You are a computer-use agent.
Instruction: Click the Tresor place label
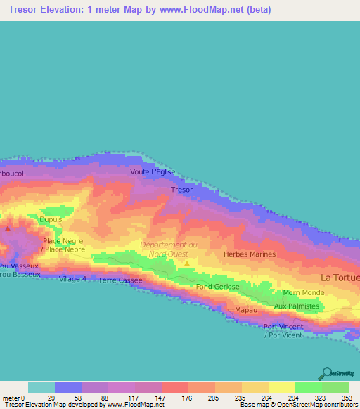tap(181, 190)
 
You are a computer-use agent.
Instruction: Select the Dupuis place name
tap(51, 220)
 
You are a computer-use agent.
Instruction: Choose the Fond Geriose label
tap(217, 287)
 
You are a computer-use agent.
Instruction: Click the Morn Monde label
tap(303, 292)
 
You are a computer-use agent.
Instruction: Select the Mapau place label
tap(245, 310)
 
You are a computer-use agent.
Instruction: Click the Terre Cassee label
tap(120, 280)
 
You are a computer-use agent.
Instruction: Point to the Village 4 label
tap(73, 279)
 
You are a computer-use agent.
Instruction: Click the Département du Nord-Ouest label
tap(169, 249)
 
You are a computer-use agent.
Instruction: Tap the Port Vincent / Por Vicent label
tap(283, 330)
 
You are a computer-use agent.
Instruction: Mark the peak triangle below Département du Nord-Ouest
tap(187, 264)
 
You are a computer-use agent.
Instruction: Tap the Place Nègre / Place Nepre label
tap(63, 245)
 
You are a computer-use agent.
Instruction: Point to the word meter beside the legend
tap(11, 397)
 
